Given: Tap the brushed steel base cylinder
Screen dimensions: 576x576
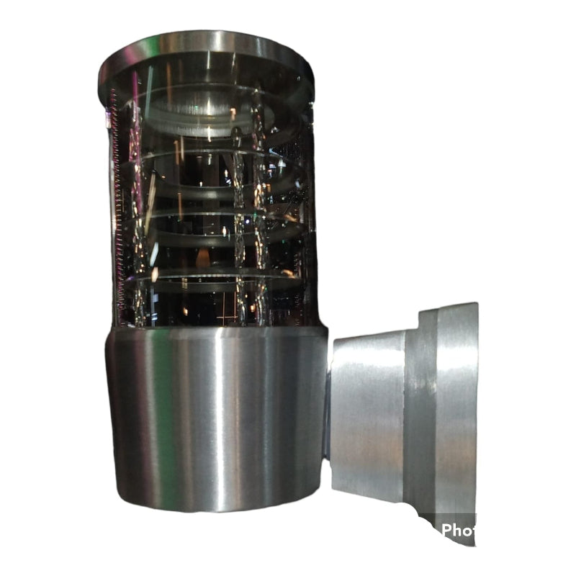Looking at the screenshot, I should pos(216,418).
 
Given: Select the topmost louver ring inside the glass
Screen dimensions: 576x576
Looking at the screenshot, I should pos(209,108).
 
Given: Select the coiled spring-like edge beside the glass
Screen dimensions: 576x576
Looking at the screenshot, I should pos(117,202).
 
